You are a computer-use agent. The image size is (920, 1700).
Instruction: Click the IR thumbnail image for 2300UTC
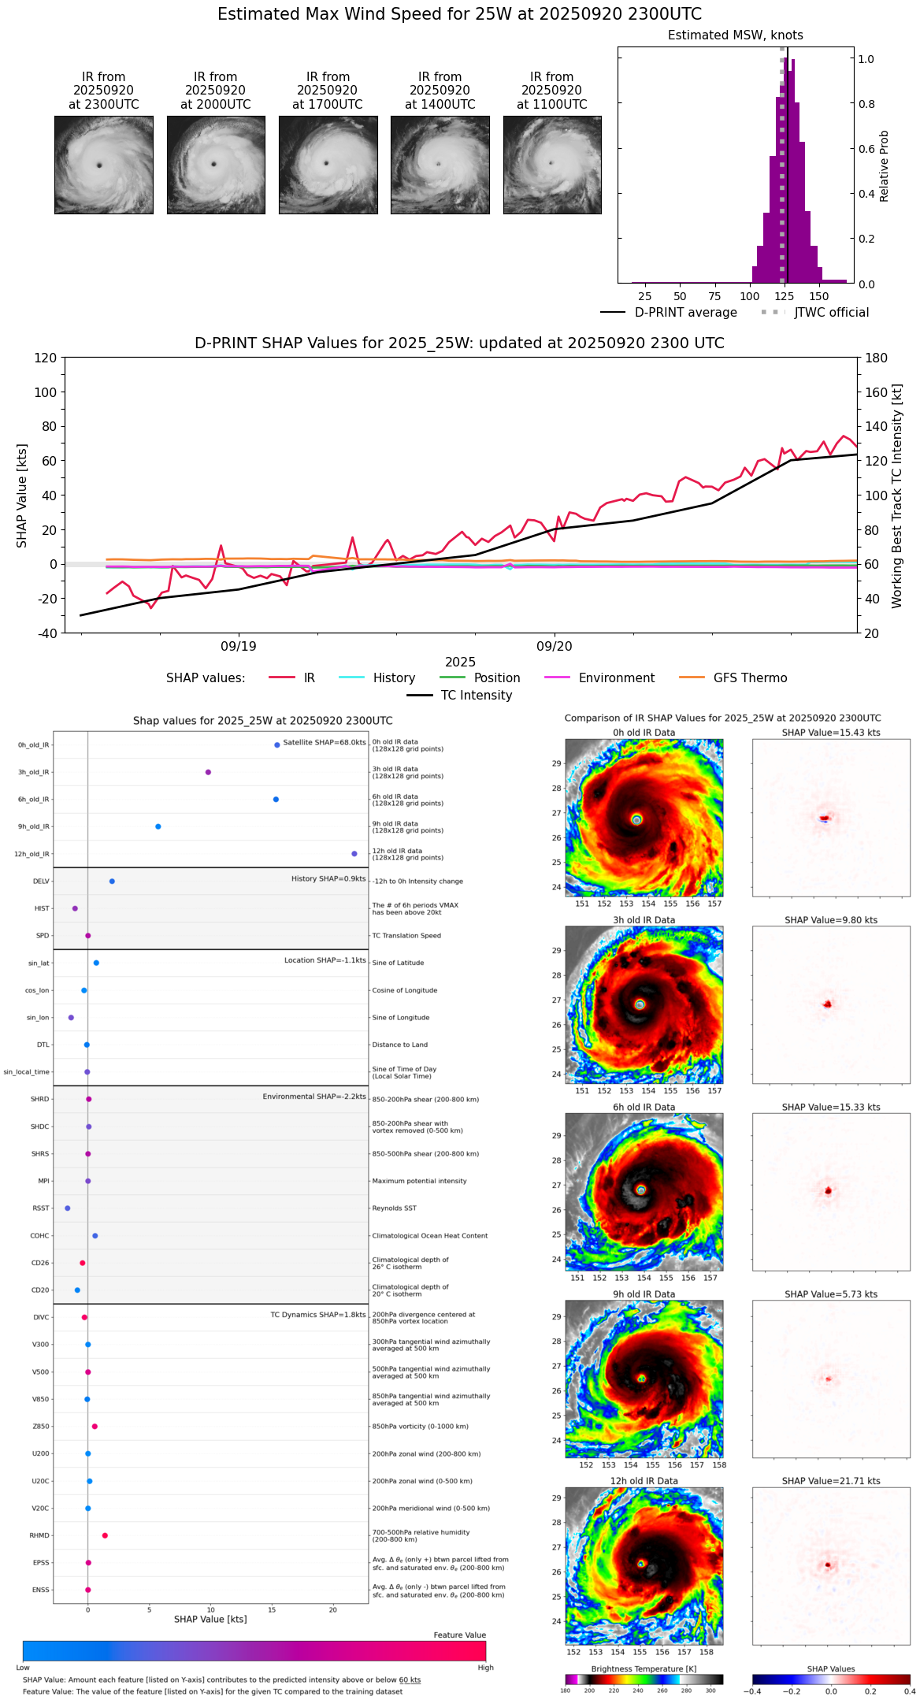click(x=103, y=165)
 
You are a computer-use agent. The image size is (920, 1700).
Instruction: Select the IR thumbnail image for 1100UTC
click(x=552, y=165)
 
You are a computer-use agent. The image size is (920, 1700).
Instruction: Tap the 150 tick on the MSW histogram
click(x=819, y=297)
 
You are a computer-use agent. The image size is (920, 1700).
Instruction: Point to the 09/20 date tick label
click(x=555, y=647)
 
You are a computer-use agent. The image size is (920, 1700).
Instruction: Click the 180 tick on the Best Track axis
click(x=877, y=358)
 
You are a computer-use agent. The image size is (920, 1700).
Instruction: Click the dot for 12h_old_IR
click(x=354, y=854)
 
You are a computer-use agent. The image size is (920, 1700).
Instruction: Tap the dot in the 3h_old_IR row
click(x=208, y=772)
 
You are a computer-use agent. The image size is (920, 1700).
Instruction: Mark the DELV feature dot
click(x=112, y=882)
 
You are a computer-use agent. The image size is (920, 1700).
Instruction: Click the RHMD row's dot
click(x=105, y=1535)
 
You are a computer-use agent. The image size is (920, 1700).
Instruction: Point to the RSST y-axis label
click(x=40, y=1208)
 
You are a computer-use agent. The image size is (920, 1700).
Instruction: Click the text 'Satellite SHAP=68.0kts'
click(x=324, y=743)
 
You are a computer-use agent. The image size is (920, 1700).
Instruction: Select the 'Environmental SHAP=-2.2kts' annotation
click(x=313, y=1097)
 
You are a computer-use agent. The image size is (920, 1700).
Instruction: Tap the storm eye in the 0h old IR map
click(x=636, y=819)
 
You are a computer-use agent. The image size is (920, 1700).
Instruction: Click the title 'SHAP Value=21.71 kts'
click(x=831, y=1481)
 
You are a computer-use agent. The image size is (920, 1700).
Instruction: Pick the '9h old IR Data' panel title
click(x=644, y=1294)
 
